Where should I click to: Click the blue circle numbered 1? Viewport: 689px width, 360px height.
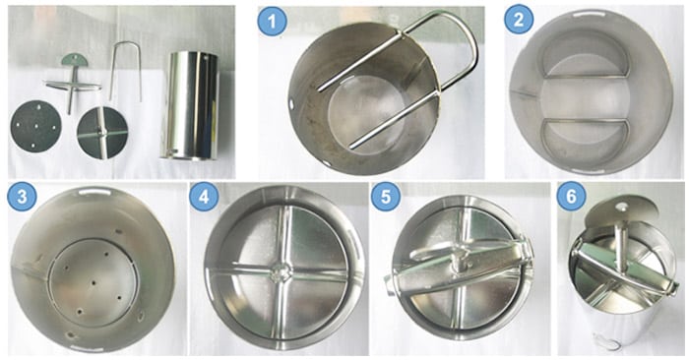pos(273,21)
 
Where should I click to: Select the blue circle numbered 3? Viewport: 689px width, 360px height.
pos(22,197)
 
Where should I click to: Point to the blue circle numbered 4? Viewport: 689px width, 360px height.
pos(204,197)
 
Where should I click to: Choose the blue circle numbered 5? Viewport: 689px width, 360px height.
pos(386,197)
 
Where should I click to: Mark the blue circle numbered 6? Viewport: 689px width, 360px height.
pos(571,197)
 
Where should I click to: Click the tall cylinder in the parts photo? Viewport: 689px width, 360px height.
pos(190,105)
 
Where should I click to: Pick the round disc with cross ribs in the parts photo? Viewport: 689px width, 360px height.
pos(102,133)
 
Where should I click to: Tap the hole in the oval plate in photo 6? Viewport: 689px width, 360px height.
pos(620,205)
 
